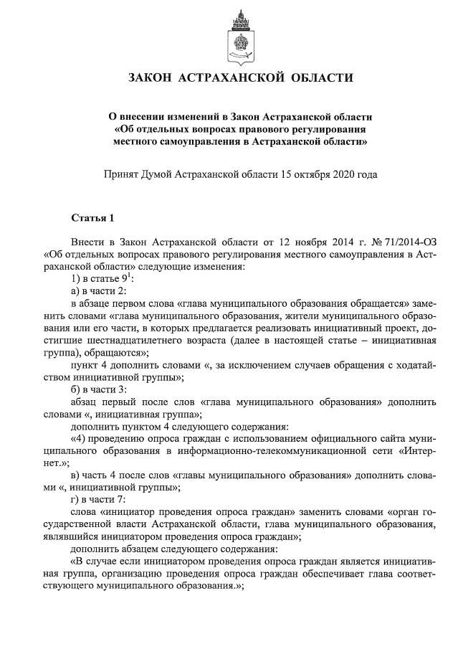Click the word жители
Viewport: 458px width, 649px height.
click(x=281, y=316)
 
